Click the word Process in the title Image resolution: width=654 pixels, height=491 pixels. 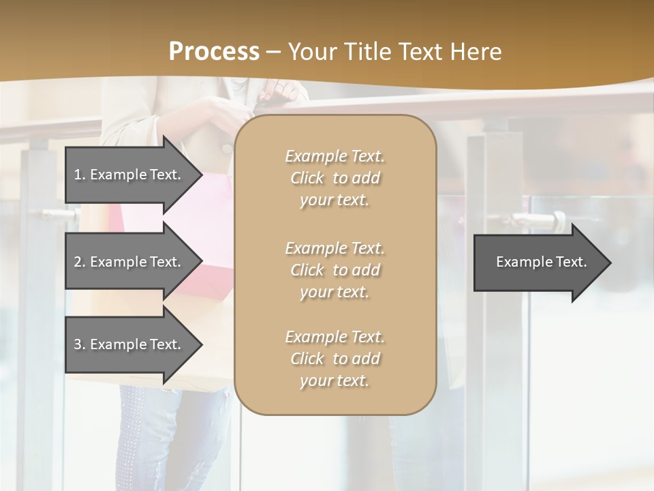click(x=214, y=52)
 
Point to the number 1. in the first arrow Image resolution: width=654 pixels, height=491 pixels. click(x=80, y=175)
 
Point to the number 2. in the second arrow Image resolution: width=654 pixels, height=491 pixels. click(x=80, y=262)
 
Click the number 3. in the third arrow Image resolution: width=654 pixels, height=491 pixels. click(x=80, y=344)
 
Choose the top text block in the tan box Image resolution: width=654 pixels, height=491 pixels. click(x=334, y=178)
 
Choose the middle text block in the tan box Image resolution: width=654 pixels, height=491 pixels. click(x=334, y=270)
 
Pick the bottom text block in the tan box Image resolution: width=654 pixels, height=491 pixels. click(x=334, y=359)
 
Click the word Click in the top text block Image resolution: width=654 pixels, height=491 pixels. click(x=307, y=178)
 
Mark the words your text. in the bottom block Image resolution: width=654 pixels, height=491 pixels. click(x=334, y=381)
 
